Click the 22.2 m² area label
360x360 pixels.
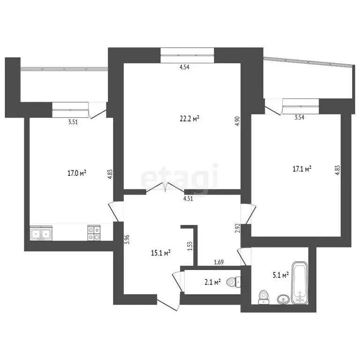[x=190, y=119]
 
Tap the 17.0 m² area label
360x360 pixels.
[x=77, y=173]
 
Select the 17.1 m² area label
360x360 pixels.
[x=302, y=168]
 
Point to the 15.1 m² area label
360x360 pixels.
[x=160, y=253]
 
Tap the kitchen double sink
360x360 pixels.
[x=41, y=233]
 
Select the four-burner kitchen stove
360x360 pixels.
[x=94, y=233]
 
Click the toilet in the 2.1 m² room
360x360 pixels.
[x=233, y=282]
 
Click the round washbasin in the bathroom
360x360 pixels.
[x=283, y=299]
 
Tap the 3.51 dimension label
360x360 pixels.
[x=72, y=122]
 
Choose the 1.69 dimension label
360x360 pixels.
[x=218, y=262]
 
